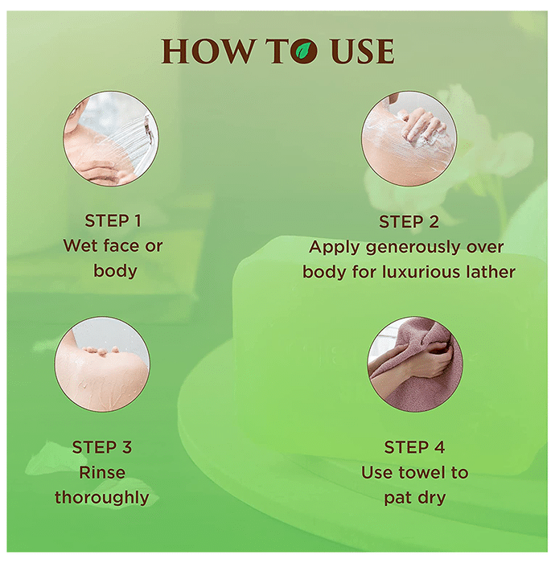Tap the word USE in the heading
[362, 51]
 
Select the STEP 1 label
[113, 220]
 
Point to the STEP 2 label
[409, 221]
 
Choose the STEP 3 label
[102, 447]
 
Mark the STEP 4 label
[414, 447]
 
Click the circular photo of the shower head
[111, 138]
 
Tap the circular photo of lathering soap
[409, 138]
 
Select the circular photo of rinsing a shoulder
[102, 364]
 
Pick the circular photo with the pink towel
[415, 364]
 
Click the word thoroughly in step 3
[102, 498]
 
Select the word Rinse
[102, 472]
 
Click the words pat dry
[415, 499]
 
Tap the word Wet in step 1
[80, 245]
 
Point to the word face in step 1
[121, 245]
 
